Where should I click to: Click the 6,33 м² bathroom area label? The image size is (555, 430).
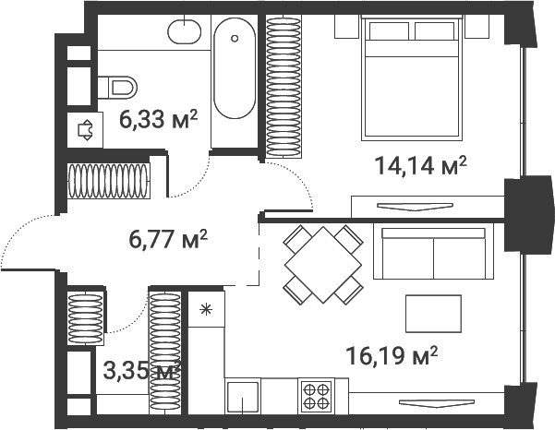[x=158, y=119]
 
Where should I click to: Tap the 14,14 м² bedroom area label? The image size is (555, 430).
[x=420, y=165]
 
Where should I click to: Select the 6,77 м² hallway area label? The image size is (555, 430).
[x=168, y=239]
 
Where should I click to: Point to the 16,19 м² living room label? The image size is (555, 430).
[x=392, y=355]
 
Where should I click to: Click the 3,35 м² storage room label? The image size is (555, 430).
[x=141, y=371]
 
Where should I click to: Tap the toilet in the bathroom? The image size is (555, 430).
[x=117, y=88]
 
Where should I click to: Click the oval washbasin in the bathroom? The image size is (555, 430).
[x=184, y=31]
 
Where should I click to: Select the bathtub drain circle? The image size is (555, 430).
[x=235, y=38]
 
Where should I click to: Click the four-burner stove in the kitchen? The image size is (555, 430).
[x=316, y=396]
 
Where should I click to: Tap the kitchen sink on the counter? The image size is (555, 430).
[x=243, y=396]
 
